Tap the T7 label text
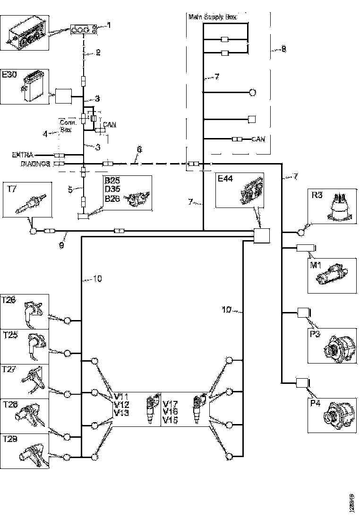coord(12,189)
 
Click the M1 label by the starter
coord(316,265)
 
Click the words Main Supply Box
coord(212,17)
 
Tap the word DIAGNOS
coord(35,164)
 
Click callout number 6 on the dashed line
coord(139,149)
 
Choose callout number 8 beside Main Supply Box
coord(283,49)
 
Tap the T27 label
coord(10,369)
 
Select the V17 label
coord(170,405)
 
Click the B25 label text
coord(112,181)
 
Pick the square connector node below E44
coord(261,235)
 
